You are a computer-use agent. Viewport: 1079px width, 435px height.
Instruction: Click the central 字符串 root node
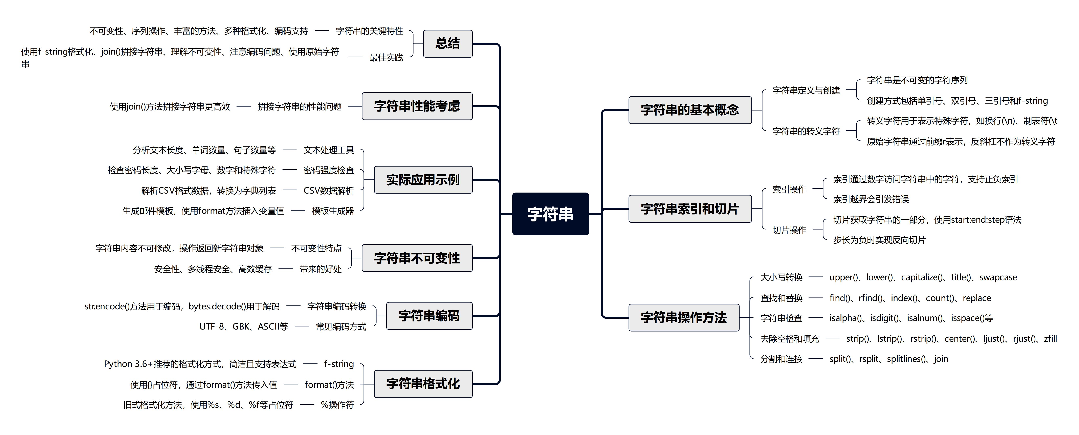(550, 214)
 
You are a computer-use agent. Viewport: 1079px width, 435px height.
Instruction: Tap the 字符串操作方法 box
(684, 318)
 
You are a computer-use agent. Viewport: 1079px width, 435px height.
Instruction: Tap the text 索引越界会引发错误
(871, 199)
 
